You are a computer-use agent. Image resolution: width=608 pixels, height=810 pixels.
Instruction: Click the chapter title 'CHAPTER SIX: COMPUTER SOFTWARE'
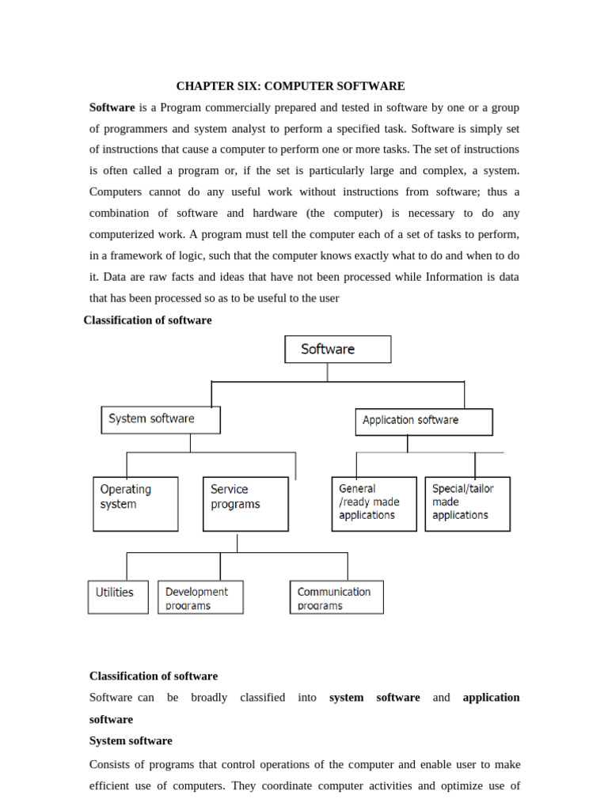tap(290, 86)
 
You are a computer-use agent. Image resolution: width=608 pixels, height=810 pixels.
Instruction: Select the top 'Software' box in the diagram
tap(337, 349)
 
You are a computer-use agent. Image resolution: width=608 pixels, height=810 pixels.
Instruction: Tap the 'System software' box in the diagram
tap(161, 419)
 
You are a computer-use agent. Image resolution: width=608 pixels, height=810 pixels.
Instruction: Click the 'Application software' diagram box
tap(424, 421)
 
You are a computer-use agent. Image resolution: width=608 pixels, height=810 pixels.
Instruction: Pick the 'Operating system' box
tap(135, 503)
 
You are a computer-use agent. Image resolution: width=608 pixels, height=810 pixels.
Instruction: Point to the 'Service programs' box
tap(245, 503)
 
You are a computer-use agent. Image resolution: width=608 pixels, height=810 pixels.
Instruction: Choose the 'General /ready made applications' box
tap(374, 503)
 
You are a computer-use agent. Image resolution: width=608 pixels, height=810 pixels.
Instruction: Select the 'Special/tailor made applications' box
tap(467, 503)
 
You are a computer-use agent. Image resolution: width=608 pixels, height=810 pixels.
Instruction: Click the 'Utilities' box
tap(117, 596)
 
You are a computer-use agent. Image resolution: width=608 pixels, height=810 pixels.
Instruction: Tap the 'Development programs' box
tap(200, 597)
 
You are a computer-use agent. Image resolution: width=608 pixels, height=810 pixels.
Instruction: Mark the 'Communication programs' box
tap(336, 597)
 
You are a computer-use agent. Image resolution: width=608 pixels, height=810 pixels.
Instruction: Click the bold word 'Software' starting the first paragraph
tap(112, 107)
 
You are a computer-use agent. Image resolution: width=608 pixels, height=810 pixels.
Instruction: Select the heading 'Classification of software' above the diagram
tap(147, 320)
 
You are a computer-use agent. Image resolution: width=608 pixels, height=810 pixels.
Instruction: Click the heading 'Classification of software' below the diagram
tap(153, 676)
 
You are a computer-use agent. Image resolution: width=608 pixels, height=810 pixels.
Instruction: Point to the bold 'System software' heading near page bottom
tap(131, 741)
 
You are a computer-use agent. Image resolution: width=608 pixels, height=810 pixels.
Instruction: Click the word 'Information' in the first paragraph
tap(454, 277)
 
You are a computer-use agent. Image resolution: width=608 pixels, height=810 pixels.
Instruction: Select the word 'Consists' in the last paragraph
tap(110, 765)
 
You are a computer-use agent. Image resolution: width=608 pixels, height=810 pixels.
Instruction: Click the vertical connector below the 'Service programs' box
tap(237, 542)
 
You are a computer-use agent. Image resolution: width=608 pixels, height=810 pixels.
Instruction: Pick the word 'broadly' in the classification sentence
tap(209, 698)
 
